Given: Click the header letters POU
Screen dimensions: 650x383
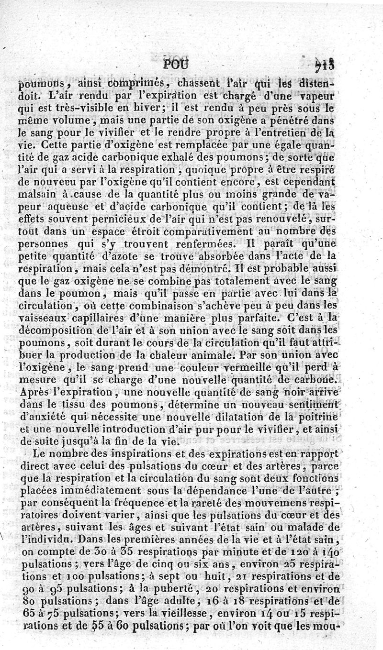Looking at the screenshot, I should tap(176, 65).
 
